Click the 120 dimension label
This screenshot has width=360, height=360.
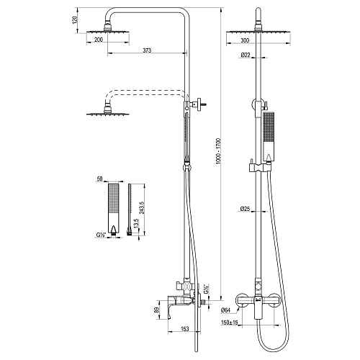(x=76, y=19)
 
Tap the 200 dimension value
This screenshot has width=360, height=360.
(x=99, y=40)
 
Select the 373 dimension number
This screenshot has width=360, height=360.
(x=147, y=50)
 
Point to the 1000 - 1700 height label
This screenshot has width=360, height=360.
(x=218, y=151)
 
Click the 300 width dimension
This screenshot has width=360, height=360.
(x=245, y=40)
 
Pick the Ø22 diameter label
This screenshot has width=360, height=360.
(x=246, y=55)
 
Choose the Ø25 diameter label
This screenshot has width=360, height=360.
(x=245, y=209)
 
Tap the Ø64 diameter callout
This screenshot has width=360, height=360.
(x=225, y=310)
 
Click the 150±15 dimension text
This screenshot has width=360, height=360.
(x=229, y=323)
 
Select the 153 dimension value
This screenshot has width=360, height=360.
(x=184, y=328)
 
